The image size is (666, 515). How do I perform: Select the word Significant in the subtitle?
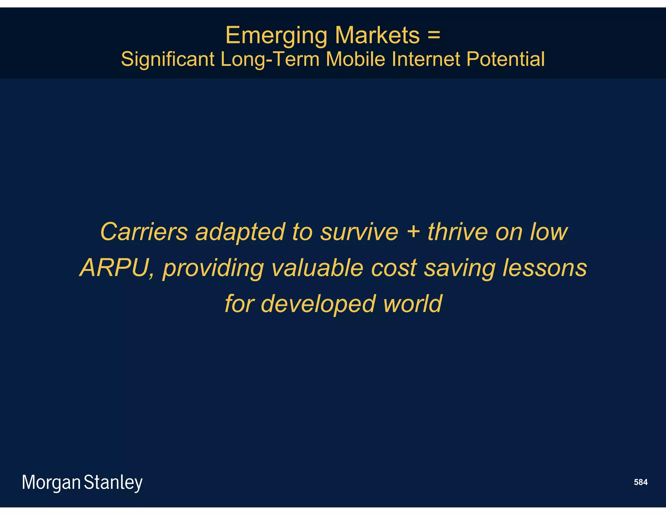pyautogui.click(x=168, y=59)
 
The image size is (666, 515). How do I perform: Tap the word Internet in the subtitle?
pyautogui.click(x=426, y=59)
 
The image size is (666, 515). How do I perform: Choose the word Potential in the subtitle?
pyautogui.click(x=505, y=59)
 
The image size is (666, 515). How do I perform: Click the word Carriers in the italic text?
pyautogui.click(x=144, y=232)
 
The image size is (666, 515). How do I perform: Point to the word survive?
pyautogui.click(x=359, y=232)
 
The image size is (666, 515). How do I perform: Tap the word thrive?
pyautogui.click(x=458, y=232)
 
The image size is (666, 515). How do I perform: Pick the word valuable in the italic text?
pyautogui.click(x=317, y=268)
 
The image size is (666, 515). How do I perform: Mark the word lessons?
pyautogui.click(x=545, y=268)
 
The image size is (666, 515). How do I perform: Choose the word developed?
pyautogui.click(x=318, y=304)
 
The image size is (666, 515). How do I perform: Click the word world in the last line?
pyautogui.click(x=412, y=303)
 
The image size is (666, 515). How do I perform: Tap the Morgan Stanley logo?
pyautogui.click(x=82, y=482)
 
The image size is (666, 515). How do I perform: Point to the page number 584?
pyautogui.click(x=641, y=482)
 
